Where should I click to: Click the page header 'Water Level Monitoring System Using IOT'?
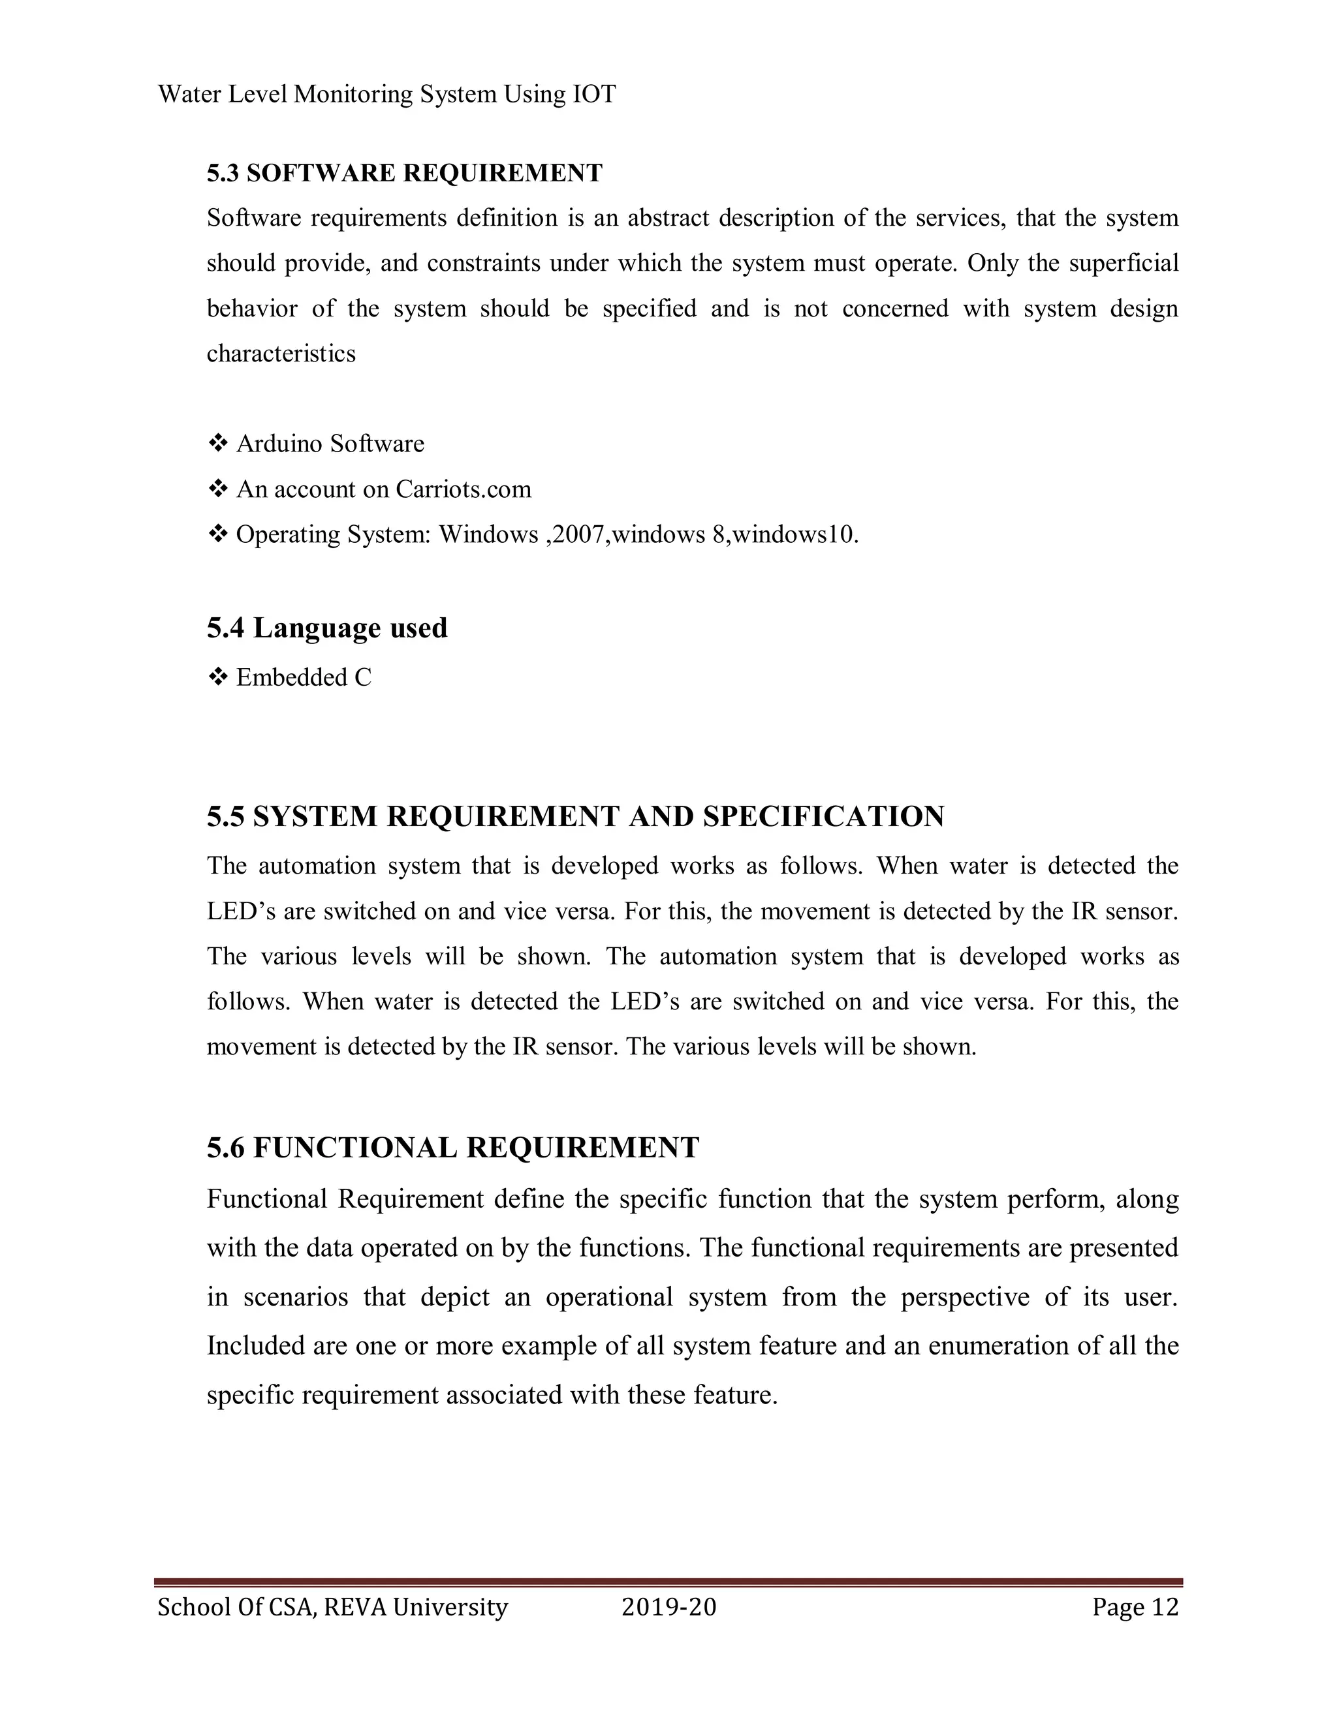point(386,95)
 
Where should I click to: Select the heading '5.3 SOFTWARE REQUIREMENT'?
point(405,173)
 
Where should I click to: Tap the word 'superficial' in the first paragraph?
point(1123,263)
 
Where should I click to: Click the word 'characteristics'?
point(281,353)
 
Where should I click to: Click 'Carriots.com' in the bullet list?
point(464,489)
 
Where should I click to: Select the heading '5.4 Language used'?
point(327,628)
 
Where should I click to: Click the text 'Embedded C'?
point(304,678)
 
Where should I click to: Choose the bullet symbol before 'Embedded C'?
point(217,678)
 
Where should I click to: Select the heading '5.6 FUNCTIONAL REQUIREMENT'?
point(453,1148)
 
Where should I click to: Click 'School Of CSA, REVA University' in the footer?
point(333,1607)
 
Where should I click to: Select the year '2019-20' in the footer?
point(668,1607)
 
